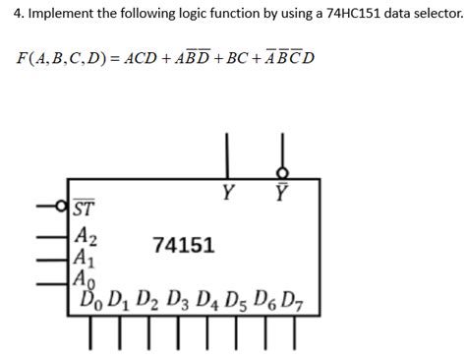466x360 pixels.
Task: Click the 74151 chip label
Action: tap(184, 244)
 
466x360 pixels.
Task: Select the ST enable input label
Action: tap(85, 209)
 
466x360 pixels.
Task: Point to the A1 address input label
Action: tap(87, 259)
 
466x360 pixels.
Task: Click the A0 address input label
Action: tap(87, 279)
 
